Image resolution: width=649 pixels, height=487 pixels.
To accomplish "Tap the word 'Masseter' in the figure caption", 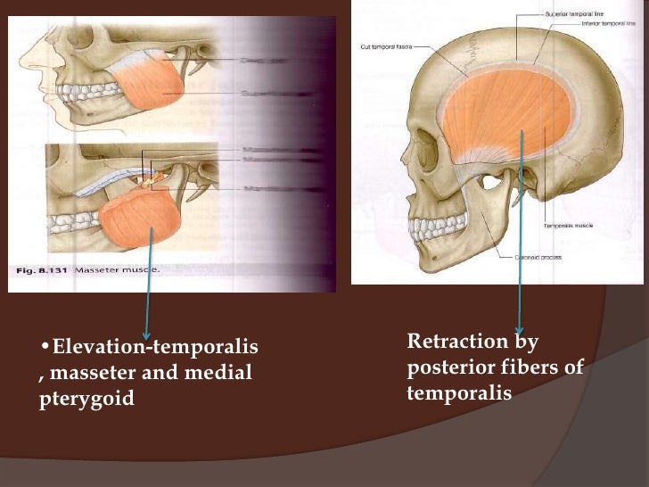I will click(99, 269).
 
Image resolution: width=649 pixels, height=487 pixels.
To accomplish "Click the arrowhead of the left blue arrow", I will click(145, 331).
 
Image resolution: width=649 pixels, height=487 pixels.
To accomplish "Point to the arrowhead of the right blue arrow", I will click(520, 329).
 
